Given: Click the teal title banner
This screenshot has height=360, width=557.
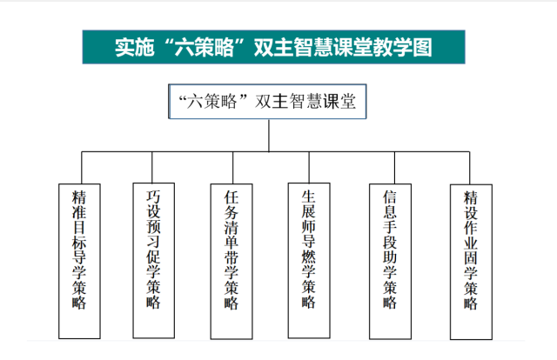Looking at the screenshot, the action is [x=273, y=47].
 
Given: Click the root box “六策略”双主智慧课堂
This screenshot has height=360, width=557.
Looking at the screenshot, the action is [x=267, y=102].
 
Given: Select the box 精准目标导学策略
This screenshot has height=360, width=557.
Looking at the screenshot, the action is [x=79, y=261].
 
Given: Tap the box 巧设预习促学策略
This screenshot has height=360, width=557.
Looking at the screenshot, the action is [x=154, y=260].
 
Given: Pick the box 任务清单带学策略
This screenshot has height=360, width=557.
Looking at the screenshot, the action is [x=232, y=261].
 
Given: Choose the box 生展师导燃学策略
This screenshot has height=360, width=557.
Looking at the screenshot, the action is [x=309, y=261].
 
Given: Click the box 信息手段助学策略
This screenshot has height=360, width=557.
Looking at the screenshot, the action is [x=391, y=261].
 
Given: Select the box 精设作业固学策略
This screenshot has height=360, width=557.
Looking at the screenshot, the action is [x=471, y=262].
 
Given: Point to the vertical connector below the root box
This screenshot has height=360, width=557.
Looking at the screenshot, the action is [x=269, y=136].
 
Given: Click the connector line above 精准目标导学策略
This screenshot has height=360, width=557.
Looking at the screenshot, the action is [x=82, y=168].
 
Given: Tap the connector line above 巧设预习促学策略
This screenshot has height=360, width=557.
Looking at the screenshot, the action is [x=152, y=167].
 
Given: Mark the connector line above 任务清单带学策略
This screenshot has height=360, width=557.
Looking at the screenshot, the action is [x=233, y=168].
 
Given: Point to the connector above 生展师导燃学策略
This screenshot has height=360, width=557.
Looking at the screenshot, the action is [x=309, y=167].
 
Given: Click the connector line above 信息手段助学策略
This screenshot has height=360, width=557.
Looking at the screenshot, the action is [x=394, y=168].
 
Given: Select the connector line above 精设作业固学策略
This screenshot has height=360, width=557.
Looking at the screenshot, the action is [x=470, y=168].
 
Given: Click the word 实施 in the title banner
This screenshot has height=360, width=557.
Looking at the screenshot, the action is [x=135, y=47].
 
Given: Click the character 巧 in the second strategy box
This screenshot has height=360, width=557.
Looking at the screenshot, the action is [x=153, y=197].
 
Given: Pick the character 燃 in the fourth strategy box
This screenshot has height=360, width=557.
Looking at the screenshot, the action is [x=309, y=257].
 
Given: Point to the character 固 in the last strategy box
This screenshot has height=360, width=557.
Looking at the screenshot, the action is [x=471, y=258].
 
